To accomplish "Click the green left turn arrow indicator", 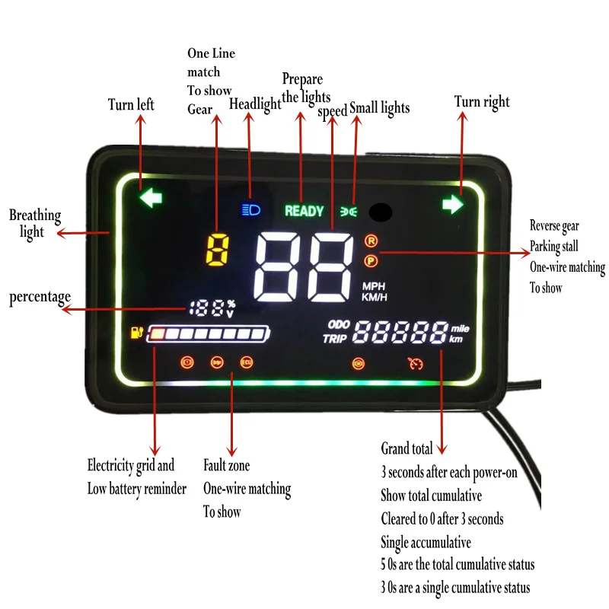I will [151, 199].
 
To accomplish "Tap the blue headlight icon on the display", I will [250, 209].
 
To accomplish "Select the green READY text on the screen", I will [304, 211].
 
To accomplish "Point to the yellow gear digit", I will [218, 250].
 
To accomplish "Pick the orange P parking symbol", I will [371, 261].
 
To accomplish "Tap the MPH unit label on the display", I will [373, 286].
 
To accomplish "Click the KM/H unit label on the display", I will [373, 297].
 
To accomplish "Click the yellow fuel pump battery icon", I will [137, 332].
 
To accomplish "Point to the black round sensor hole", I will [380, 212].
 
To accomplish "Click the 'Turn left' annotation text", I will [131, 104].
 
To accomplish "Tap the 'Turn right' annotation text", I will [482, 102].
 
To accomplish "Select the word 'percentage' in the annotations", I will [40, 297].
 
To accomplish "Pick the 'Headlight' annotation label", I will [255, 104].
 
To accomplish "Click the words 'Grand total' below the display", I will [407, 448].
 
